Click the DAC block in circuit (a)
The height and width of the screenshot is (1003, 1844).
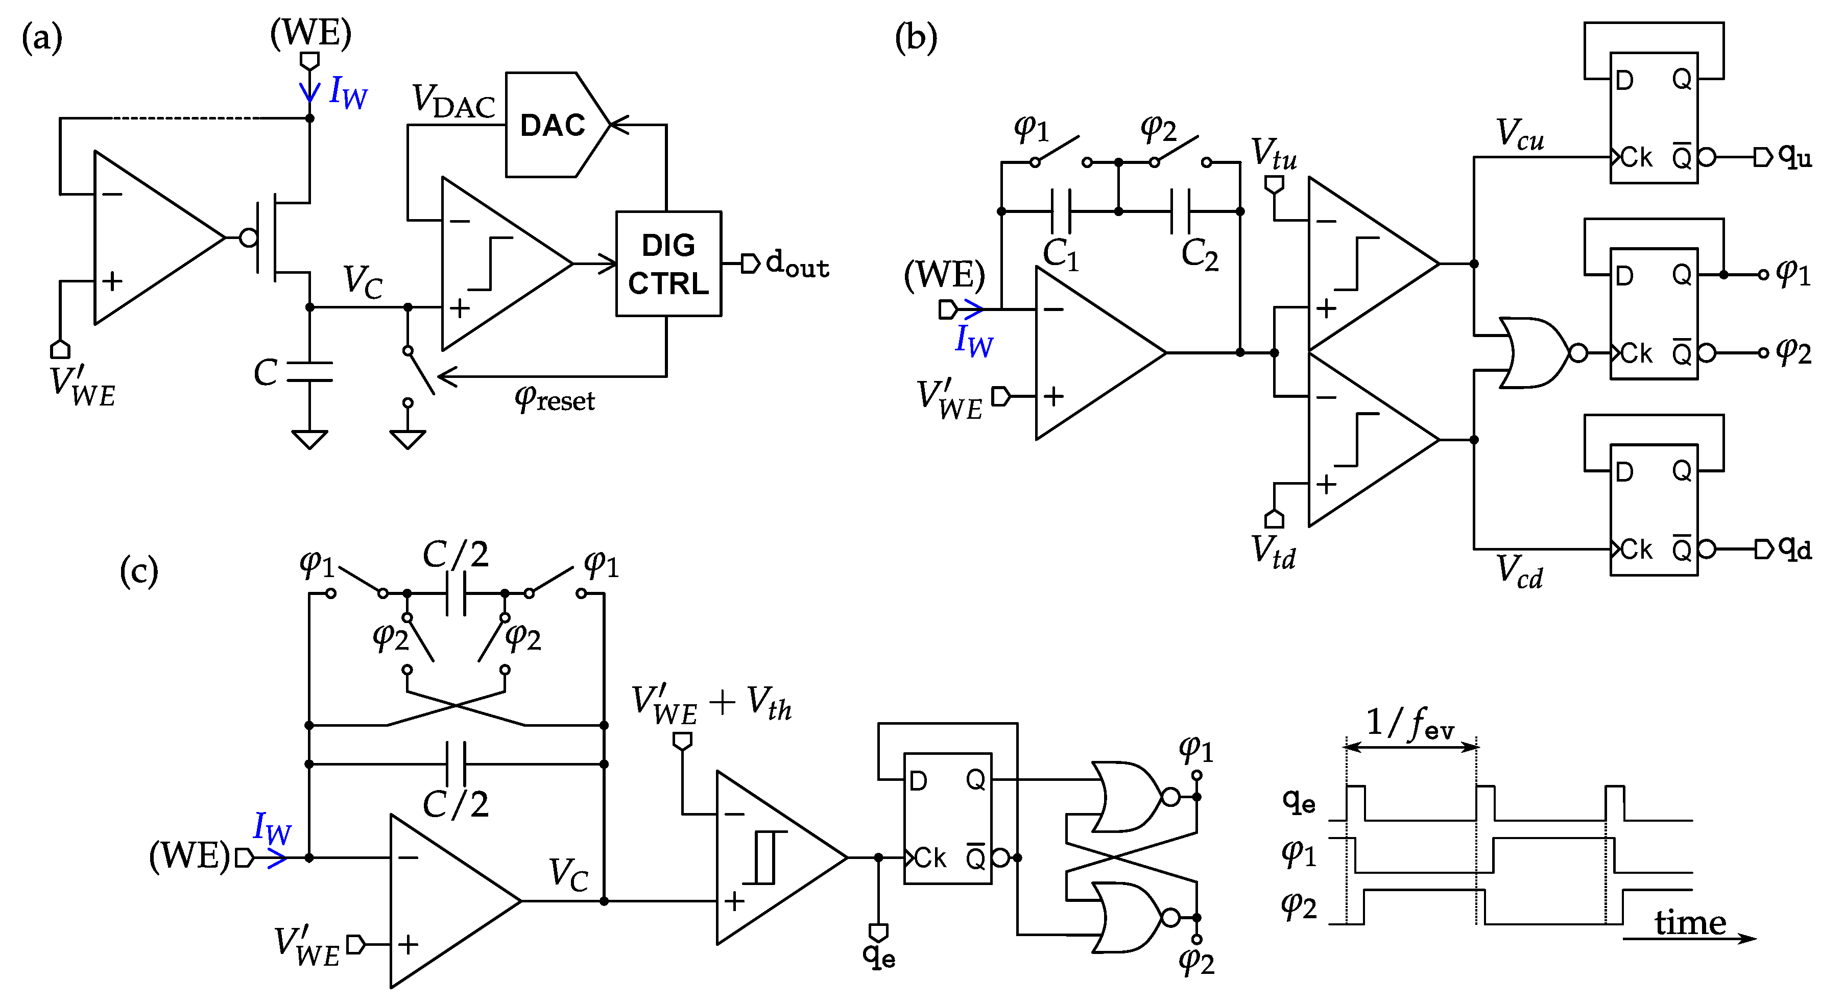(551, 125)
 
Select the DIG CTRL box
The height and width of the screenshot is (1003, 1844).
(668, 264)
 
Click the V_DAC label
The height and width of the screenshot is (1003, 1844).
(453, 101)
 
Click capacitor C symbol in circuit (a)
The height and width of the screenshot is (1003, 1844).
(309, 372)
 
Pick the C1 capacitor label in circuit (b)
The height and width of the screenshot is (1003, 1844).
(1060, 254)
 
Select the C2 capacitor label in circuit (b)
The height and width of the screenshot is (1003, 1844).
(1199, 254)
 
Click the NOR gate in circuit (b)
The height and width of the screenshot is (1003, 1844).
(1532, 352)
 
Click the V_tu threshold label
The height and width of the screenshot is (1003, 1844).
(1274, 153)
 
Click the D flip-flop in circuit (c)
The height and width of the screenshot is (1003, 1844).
(947, 818)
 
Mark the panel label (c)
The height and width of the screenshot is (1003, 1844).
(138, 570)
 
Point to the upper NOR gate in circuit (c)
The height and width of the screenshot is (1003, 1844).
(1124, 796)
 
